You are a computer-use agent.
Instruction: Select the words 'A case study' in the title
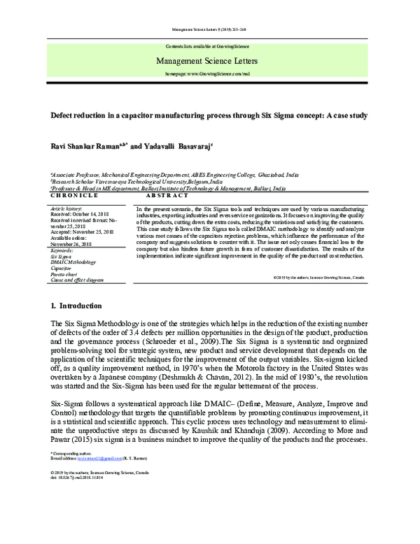click(x=343, y=114)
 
